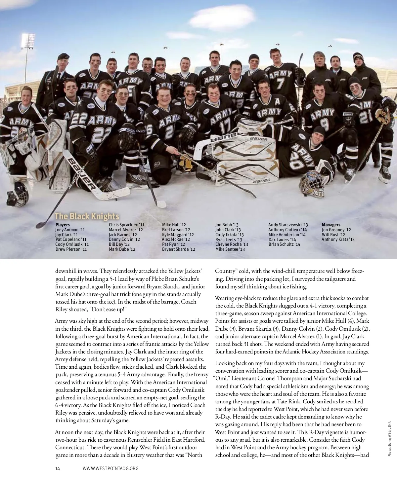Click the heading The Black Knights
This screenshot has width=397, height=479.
coord(87,216)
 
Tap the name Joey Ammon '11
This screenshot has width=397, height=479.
coord(70,230)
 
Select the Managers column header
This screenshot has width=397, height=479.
coord(331,225)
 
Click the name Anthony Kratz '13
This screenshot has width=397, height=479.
coord(338,240)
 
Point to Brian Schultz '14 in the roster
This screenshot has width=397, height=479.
coord(284,244)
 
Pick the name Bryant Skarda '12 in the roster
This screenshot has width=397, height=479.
coord(178,249)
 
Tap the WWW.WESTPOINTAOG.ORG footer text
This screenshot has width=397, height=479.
coord(110,468)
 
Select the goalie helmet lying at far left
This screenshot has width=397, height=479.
coord(17,194)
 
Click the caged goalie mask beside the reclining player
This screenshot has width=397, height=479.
coord(312,184)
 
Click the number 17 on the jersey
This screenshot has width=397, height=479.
coord(225,126)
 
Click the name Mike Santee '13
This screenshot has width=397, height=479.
coord(230,249)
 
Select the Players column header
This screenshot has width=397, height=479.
coord(63,225)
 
